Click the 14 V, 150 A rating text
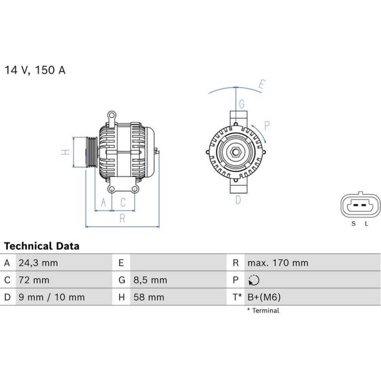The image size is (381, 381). [x=35, y=70]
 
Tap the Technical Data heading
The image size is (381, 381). [x=42, y=246]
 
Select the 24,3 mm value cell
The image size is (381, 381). [x=38, y=263]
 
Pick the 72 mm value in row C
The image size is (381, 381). [x=34, y=280]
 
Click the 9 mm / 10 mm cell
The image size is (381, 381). [x=52, y=297]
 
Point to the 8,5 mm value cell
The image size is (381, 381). [x=150, y=280]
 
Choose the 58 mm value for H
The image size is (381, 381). [x=149, y=297]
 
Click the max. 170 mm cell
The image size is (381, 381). [x=278, y=263]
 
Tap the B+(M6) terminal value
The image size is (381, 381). [x=264, y=297]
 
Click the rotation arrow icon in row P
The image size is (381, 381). [x=254, y=280]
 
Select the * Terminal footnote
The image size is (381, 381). [x=263, y=311]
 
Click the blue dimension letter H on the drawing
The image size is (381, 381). [x=65, y=152]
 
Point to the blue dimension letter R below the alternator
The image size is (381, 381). [x=122, y=218]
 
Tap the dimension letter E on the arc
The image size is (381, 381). [x=262, y=84]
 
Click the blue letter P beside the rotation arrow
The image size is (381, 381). [x=267, y=126]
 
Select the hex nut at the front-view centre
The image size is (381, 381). [x=235, y=153]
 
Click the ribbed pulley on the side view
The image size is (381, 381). [x=92, y=152]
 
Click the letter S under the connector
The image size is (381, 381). [x=354, y=224]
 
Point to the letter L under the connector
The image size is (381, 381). [x=367, y=224]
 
